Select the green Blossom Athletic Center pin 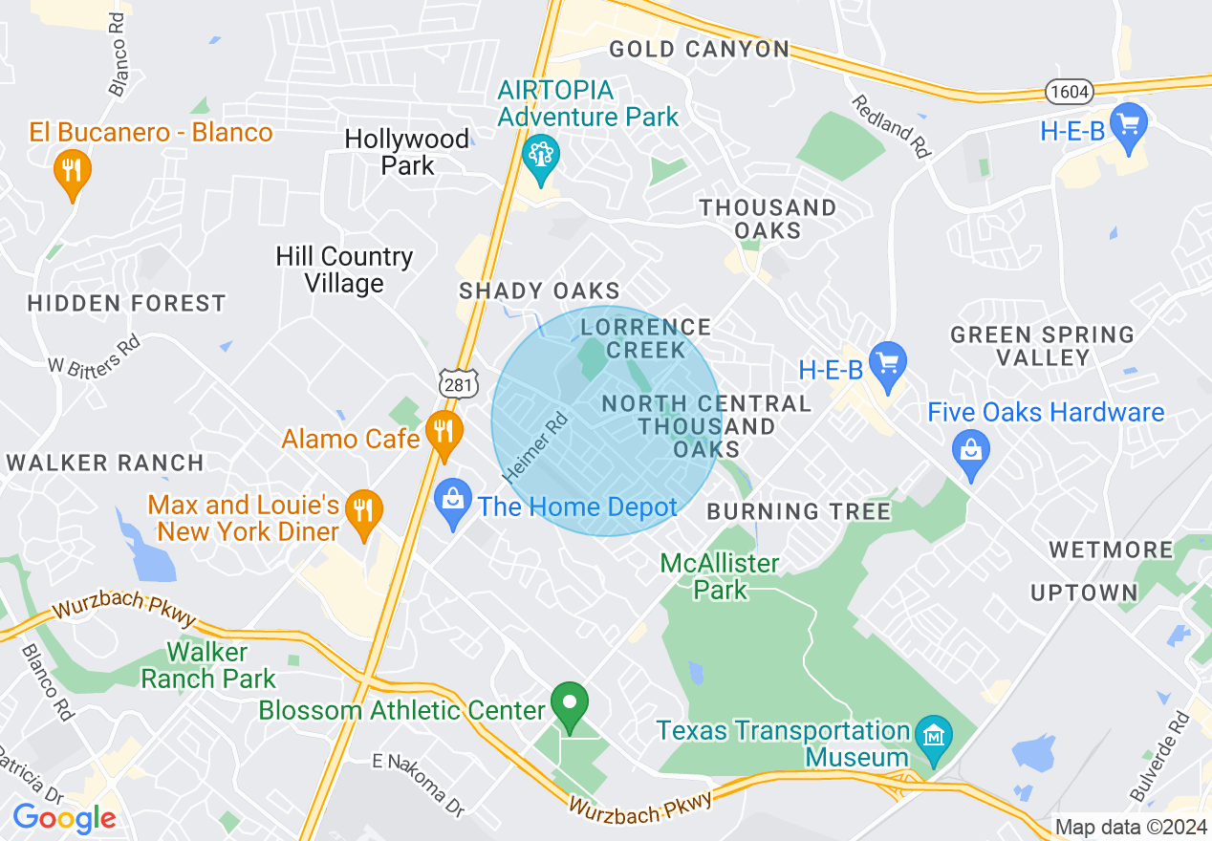pos(571,706)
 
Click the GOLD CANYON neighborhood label pos(699,50)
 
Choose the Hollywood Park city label pos(407,152)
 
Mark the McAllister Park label pos(720,576)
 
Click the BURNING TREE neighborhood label pos(798,512)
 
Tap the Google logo pos(63,818)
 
